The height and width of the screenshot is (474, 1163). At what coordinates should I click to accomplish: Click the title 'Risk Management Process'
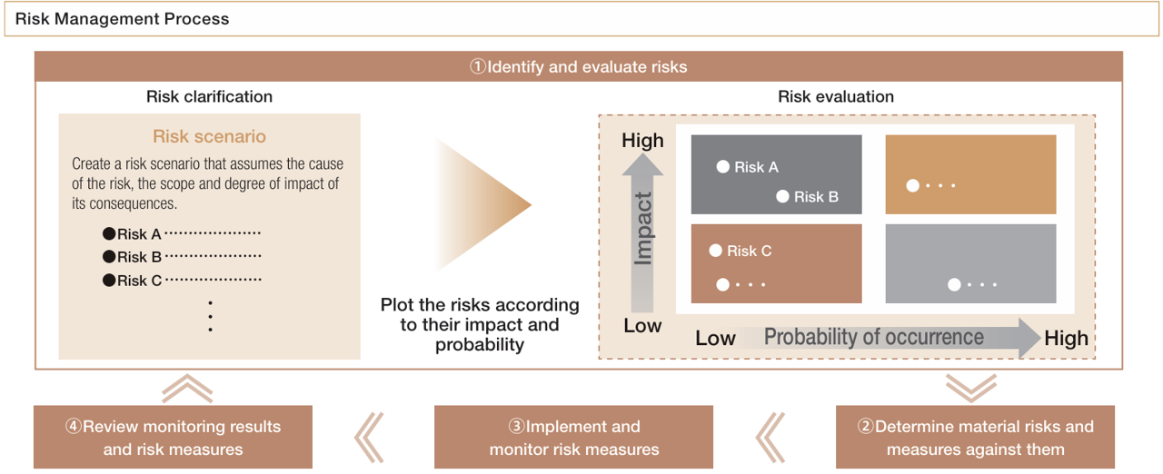(123, 19)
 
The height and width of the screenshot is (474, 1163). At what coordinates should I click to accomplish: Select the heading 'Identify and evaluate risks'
(578, 66)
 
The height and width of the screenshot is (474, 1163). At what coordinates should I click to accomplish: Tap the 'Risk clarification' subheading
(209, 96)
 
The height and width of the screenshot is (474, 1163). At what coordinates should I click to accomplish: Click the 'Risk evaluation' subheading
(836, 96)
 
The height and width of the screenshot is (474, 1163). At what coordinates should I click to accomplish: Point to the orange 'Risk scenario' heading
(209, 136)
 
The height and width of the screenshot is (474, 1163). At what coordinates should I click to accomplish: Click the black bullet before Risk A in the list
(109, 233)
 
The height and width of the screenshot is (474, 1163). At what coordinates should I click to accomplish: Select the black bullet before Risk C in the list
(109, 281)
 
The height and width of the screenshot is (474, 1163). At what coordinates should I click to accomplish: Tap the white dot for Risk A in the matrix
(723, 166)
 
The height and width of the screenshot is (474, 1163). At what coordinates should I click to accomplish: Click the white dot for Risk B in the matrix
(782, 196)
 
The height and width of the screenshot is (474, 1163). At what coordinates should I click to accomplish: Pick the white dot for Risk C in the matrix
(715, 251)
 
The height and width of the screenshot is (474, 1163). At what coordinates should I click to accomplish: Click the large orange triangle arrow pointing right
(482, 205)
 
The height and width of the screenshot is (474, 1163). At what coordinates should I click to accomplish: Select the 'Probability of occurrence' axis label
(873, 337)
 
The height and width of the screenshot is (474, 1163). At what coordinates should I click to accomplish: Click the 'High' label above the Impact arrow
(642, 141)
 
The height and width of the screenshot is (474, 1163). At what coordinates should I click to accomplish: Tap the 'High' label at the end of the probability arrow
(1066, 339)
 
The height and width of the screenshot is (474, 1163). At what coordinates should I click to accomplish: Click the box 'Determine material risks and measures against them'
(975, 437)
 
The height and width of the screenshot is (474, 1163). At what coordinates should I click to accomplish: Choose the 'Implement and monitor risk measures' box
(574, 437)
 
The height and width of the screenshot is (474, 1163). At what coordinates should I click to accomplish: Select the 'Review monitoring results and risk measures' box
(173, 437)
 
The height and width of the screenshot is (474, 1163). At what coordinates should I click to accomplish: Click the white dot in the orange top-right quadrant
(913, 186)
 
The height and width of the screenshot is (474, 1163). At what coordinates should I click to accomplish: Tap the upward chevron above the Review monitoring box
(187, 389)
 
